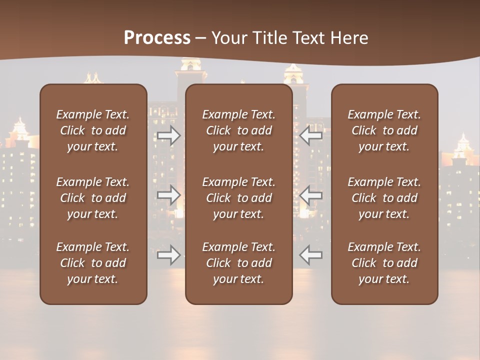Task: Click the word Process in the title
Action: [157, 38]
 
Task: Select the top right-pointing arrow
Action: [168, 135]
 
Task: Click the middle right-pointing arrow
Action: [168, 195]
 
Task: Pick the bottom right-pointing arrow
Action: [168, 255]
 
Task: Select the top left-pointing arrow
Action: [310, 135]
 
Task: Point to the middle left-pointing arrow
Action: [310, 195]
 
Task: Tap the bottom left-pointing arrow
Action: [310, 255]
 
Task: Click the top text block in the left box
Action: [93, 130]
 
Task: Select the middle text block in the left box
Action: [93, 198]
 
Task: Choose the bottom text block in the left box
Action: [93, 263]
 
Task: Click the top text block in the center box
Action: [238, 130]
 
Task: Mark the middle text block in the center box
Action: [238, 198]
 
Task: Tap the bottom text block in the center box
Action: [238, 263]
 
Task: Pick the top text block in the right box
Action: [384, 130]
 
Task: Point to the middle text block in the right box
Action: [384, 198]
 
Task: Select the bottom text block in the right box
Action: [384, 263]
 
